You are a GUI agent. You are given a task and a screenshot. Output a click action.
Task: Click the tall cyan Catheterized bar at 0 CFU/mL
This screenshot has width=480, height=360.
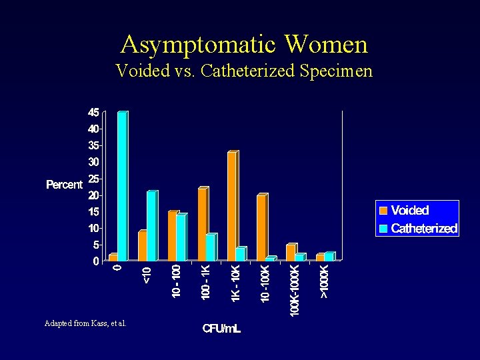point(122,187)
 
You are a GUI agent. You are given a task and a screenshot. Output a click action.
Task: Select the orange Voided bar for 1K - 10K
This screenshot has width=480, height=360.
point(232,207)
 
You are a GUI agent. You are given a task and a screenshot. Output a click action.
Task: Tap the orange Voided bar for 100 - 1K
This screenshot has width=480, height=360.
point(203,225)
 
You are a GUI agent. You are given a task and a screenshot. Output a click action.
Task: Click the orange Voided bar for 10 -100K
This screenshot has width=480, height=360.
point(261,229)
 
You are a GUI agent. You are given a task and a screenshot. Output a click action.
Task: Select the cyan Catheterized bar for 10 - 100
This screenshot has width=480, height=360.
point(181,238)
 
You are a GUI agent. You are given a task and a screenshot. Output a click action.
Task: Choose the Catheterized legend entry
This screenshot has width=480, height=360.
point(418,229)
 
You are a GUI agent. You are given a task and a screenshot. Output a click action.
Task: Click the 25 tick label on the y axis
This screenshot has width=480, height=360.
point(93,179)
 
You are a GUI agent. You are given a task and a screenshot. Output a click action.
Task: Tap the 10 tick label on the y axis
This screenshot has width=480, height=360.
point(93,229)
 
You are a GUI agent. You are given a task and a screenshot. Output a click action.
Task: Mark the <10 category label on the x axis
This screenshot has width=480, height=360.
point(147,275)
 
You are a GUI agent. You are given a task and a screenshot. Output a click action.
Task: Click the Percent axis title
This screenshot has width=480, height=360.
point(64,185)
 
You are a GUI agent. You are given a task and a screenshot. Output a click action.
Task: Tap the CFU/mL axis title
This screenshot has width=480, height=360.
point(222,329)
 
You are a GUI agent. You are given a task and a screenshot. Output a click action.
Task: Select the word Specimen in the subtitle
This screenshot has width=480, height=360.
point(336,70)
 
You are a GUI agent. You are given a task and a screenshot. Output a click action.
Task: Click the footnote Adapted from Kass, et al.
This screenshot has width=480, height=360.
point(85,323)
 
